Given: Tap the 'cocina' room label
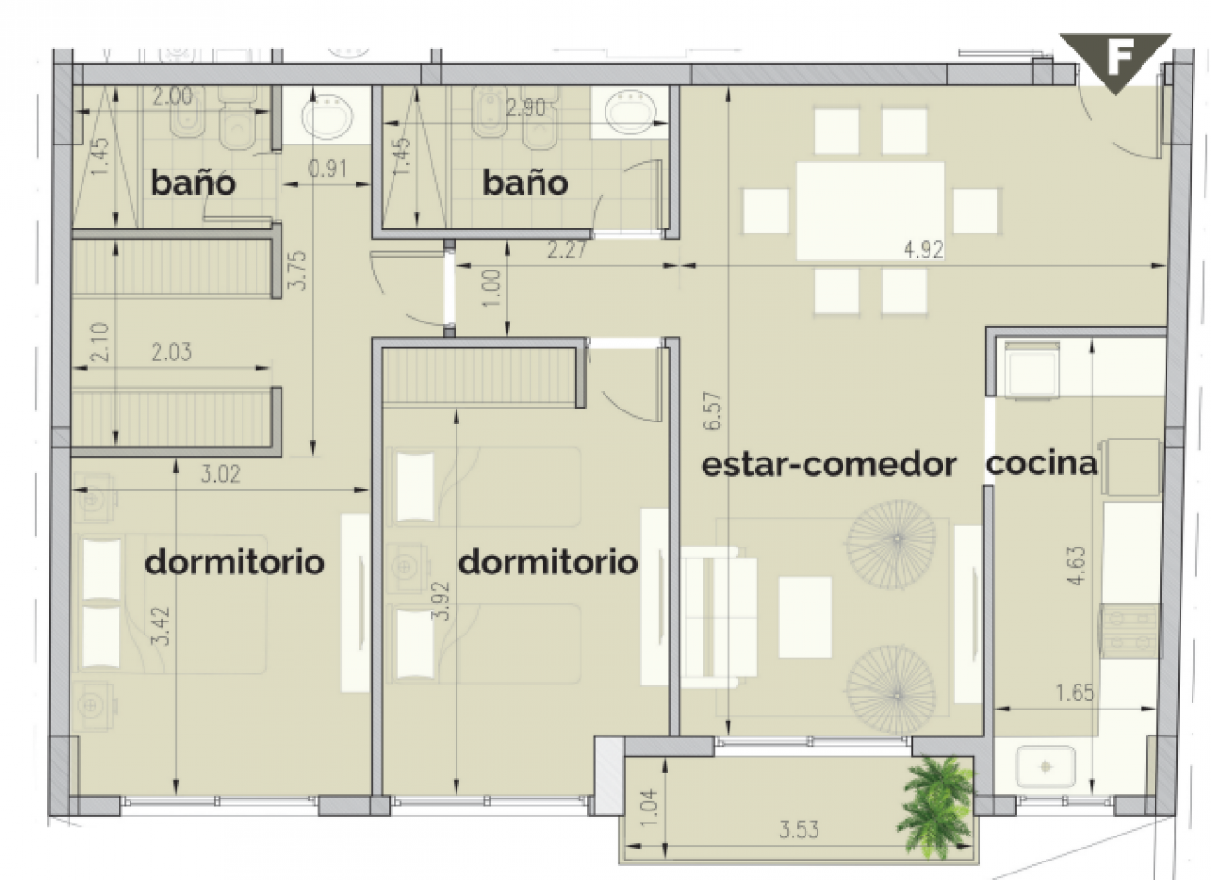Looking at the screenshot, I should coord(1041,463).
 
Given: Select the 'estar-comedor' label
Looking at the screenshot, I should coord(829,464).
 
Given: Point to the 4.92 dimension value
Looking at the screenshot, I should coord(922,250).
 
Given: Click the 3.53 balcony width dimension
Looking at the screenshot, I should coord(798,829).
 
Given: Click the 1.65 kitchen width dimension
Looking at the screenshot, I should coord(1074,692).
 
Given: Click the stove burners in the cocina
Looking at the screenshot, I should coord(1129,630).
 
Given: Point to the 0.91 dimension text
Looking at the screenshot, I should coord(328,169).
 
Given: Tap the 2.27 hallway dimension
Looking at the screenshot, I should coord(567,250).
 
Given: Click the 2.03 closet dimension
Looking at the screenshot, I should coord(171,352).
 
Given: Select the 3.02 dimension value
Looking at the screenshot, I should coord(220,475).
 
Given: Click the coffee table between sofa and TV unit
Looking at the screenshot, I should coord(805,617).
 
